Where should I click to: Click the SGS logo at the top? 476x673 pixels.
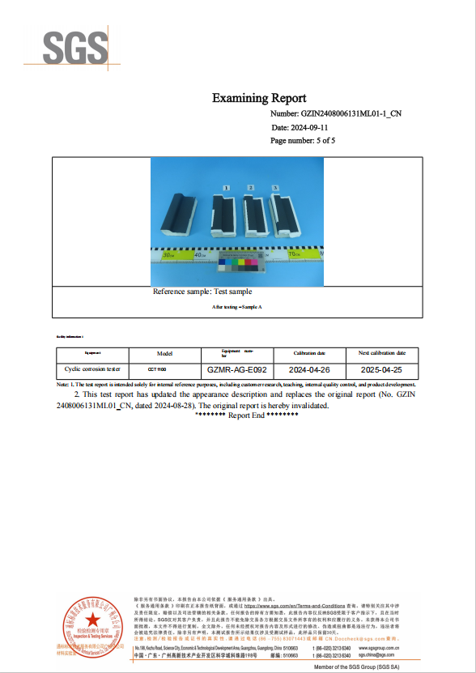pyautogui.click(x=75, y=49)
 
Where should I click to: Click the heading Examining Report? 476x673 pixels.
pyautogui.click(x=259, y=98)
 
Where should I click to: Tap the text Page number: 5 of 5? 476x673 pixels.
pyautogui.click(x=303, y=140)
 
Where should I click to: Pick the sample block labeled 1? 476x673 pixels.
pyautogui.click(x=223, y=217)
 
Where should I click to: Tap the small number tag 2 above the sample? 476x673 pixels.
pyautogui.click(x=251, y=187)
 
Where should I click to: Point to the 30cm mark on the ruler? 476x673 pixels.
pyautogui.click(x=168, y=255)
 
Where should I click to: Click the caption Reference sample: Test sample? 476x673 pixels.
pyautogui.click(x=202, y=291)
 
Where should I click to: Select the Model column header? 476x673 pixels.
pyautogui.click(x=164, y=354)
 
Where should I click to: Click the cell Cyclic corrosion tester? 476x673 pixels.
pyautogui.click(x=92, y=368)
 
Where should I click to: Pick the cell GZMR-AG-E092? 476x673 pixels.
pyautogui.click(x=236, y=368)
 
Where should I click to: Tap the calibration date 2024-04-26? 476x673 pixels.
pyautogui.click(x=308, y=368)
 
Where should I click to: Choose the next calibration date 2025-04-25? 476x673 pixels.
pyautogui.click(x=383, y=368)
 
